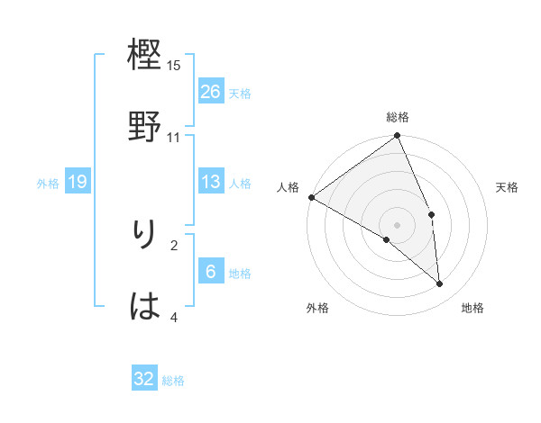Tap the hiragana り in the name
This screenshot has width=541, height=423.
[145, 237]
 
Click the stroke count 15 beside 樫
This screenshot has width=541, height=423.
[174, 66]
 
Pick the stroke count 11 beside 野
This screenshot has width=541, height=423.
[174, 137]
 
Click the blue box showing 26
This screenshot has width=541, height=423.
[211, 91]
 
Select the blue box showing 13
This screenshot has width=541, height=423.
[211, 182]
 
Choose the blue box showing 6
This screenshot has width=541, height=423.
[211, 272]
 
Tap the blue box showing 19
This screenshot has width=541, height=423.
[78, 182]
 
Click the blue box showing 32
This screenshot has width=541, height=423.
[144, 379]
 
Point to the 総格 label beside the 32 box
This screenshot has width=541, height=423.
[173, 381]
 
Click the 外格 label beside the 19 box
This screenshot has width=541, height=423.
[48, 184]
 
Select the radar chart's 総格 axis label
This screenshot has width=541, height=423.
[398, 117]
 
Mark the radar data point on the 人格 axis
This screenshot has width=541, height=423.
[311, 197]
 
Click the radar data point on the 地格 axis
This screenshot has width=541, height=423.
[440, 284]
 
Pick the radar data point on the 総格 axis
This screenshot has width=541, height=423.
[398, 137]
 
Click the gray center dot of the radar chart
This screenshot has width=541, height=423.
[398, 224]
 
